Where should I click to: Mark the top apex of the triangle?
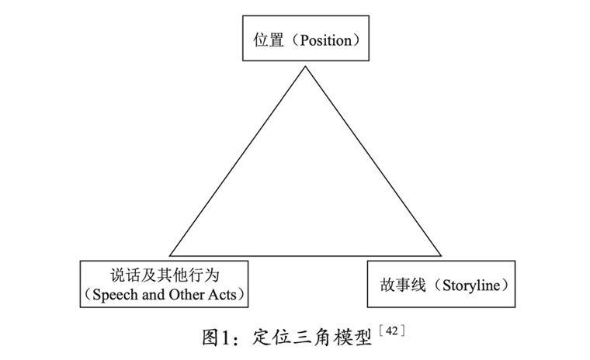[305, 67]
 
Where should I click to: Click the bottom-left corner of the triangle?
[170, 255]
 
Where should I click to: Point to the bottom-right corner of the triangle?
[441, 255]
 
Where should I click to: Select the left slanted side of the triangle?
[238, 161]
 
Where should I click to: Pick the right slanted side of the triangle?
[373, 161]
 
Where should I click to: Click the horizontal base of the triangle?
[305, 255]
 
